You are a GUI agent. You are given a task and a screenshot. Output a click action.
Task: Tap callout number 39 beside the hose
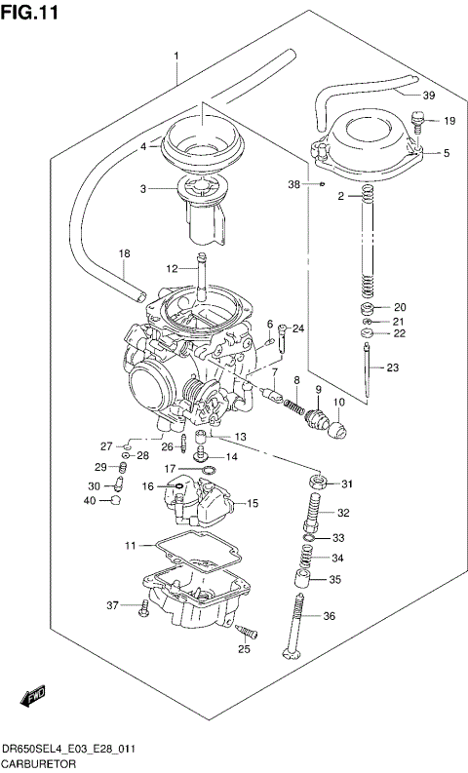(428, 95)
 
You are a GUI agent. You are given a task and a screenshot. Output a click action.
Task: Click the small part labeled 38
(320, 182)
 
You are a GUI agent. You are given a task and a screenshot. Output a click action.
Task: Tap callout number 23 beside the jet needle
(393, 367)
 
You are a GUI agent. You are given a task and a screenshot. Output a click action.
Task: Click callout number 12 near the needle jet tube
(172, 268)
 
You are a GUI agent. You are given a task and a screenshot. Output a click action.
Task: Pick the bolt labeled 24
(281, 337)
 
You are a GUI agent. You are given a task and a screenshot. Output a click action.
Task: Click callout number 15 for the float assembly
(253, 504)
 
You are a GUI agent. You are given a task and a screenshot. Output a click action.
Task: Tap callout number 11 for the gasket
(130, 545)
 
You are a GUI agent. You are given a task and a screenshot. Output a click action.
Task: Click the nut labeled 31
(318, 483)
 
